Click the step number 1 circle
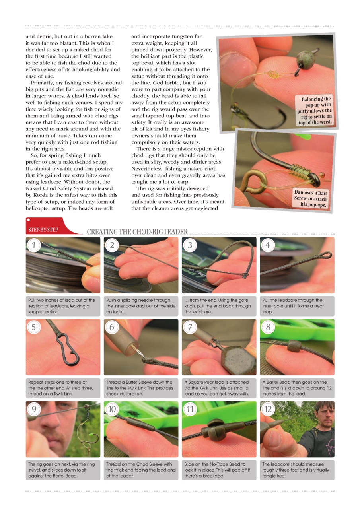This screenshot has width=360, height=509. [34, 245]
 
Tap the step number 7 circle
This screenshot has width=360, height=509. [190, 327]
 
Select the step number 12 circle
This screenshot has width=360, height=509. [268, 409]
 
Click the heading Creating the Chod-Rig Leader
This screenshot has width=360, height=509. [137, 232]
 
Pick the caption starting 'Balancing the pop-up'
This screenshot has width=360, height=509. [315, 111]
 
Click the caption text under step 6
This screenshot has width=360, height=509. [140, 388]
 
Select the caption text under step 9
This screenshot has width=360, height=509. [62, 470]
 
